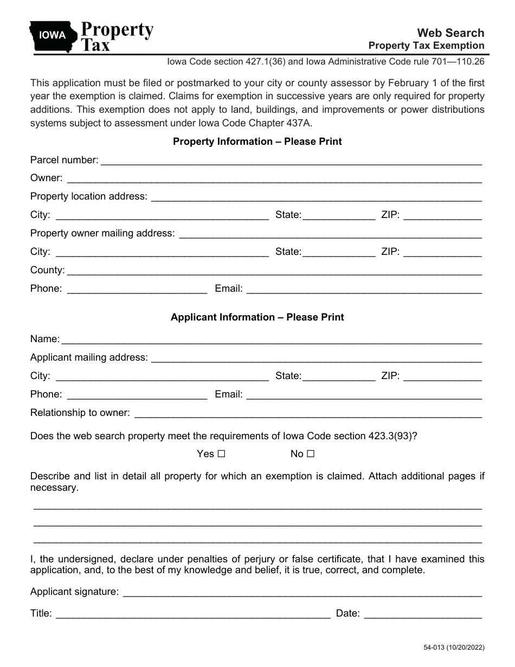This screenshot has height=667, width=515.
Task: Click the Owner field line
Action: pos(274,179)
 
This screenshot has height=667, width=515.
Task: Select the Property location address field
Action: pos(316,197)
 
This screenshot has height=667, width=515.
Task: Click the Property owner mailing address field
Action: pos(330,234)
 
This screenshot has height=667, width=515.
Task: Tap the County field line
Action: pos(274,271)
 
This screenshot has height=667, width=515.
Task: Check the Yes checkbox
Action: pos(221,454)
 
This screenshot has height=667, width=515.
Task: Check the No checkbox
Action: pos(311,454)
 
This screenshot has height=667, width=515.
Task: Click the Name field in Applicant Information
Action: pos(272,340)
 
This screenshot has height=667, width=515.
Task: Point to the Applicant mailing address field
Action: pos(316,358)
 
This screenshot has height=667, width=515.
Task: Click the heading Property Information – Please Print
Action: pos(257,142)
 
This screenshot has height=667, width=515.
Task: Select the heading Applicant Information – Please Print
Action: pos(257,317)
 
